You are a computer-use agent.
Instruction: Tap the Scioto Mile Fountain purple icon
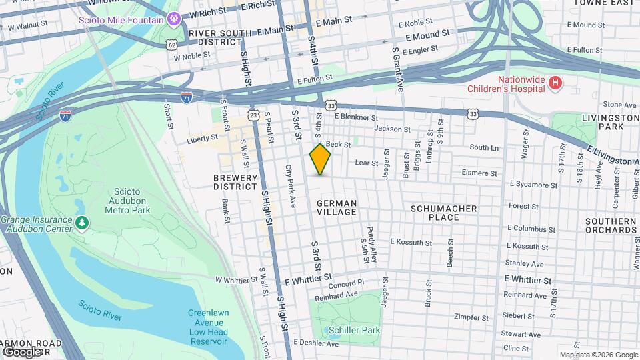point(175,19)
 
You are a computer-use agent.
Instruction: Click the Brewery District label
point(235,182)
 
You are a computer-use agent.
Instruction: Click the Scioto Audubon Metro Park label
point(127,201)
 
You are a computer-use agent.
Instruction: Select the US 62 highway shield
point(172,45)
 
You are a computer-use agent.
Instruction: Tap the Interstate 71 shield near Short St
point(187,98)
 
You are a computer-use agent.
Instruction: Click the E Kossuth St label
point(411,241)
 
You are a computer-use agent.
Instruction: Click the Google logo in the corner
point(21,351)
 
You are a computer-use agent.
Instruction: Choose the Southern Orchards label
point(611,225)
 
